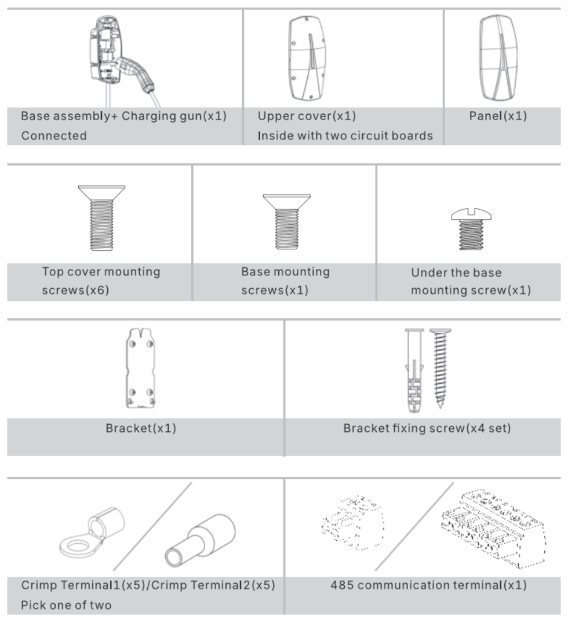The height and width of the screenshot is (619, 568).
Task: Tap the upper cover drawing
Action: [308, 58]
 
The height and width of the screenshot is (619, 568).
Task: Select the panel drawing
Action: [498, 58]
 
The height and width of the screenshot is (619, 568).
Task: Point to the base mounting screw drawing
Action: [287, 221]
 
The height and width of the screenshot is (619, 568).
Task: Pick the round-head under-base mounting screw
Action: [471, 228]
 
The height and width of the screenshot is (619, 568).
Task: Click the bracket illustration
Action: [140, 368]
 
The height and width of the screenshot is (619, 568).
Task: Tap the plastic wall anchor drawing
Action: [414, 371]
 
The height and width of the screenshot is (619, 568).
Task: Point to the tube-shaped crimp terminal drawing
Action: [200, 540]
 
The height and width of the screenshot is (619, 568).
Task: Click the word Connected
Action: [54, 136]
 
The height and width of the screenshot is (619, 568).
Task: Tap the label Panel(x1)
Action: [498, 116]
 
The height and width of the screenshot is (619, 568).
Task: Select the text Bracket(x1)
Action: [141, 428]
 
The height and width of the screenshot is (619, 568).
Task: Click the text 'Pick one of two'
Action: [66, 605]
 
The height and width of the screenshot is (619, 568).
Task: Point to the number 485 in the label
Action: [342, 585]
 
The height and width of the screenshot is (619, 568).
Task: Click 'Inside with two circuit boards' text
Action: [345, 136]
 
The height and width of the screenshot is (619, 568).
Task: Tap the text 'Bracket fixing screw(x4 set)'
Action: [427, 428]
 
